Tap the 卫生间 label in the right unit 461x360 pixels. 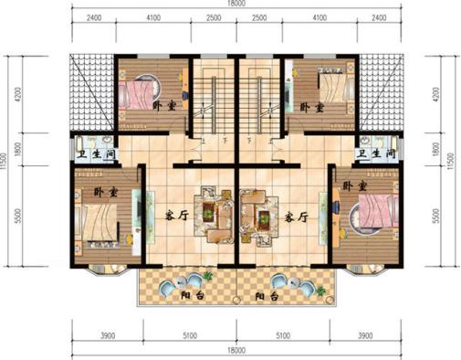[374, 155]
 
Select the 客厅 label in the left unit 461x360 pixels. [176, 217]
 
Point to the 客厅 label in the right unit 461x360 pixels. [294, 217]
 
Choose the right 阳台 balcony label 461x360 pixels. [267, 297]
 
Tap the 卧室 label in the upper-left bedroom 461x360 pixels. [164, 106]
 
